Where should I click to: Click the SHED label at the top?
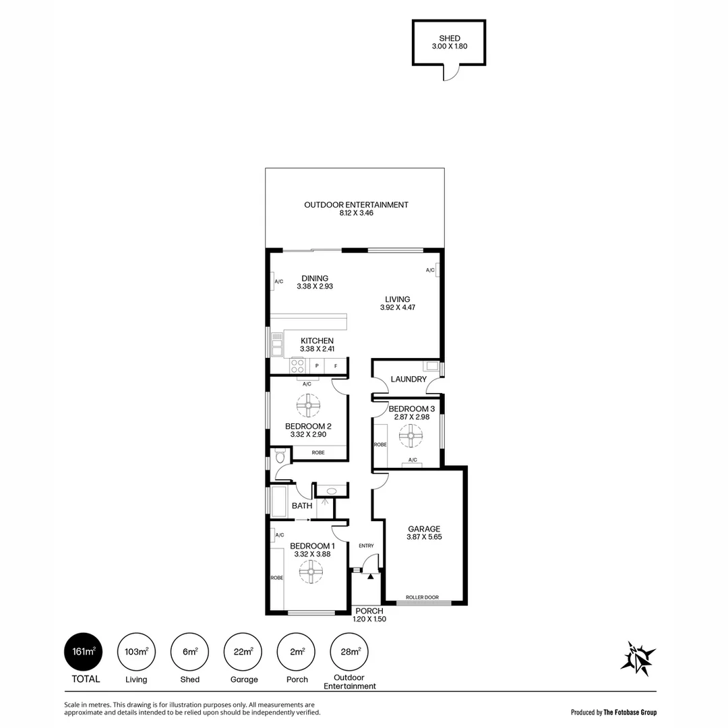coord(449,38)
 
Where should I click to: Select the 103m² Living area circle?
coord(136,652)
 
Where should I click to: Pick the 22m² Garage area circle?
coord(243,652)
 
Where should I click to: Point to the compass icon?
coord(637,657)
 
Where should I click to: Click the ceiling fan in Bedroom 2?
coord(308,406)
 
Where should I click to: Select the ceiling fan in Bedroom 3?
coord(408,437)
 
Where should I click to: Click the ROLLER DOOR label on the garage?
coord(422,597)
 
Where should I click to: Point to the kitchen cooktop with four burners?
coord(297,366)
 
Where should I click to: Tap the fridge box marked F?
coord(336,366)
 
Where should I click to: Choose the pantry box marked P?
coord(316,366)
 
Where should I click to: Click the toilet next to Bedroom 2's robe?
coord(278,458)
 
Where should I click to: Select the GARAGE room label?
coord(424,529)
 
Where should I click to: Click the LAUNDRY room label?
coord(408,380)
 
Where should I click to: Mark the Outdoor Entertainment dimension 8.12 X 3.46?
coord(357,213)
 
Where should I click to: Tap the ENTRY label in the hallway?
coord(366,546)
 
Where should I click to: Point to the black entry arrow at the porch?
coord(370,576)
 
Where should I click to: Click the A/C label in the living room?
coord(429,270)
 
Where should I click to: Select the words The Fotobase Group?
coord(630,712)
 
